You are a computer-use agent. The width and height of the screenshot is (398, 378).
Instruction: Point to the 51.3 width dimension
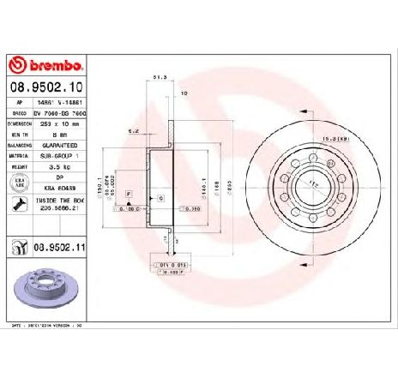(x=159, y=77)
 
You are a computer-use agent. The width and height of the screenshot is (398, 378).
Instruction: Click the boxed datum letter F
(x=128, y=196)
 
